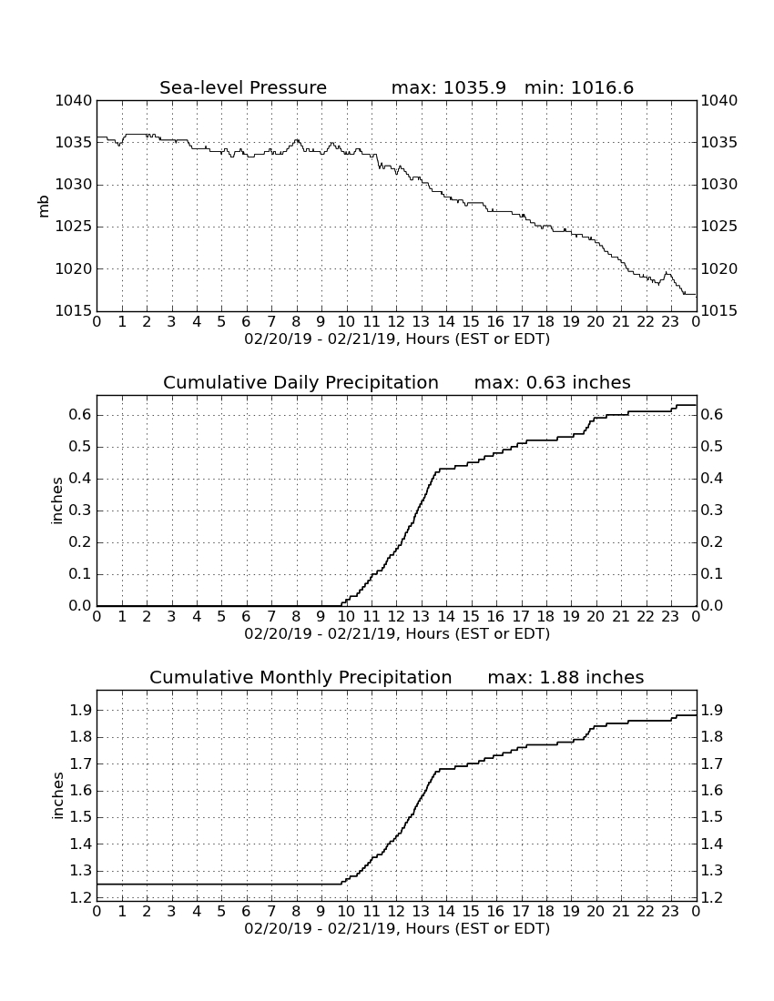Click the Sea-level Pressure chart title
(x=243, y=87)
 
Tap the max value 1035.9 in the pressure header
(x=474, y=87)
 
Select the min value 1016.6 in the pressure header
(x=602, y=87)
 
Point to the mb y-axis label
(x=44, y=206)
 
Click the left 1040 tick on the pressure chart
(x=74, y=100)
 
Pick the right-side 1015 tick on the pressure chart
(x=719, y=311)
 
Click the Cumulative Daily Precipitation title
(x=300, y=382)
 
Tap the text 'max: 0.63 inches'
(x=553, y=382)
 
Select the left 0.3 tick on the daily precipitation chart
(x=80, y=511)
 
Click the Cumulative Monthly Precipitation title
(x=300, y=677)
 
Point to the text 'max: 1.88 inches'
(x=565, y=677)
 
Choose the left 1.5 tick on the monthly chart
(x=80, y=817)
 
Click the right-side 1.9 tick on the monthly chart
(x=712, y=710)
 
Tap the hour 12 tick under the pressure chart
(x=396, y=322)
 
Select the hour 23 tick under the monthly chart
(x=670, y=912)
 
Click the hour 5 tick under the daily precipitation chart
(x=221, y=617)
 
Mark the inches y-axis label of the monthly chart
(x=57, y=795)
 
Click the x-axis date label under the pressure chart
(x=397, y=339)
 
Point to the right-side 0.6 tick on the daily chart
(x=712, y=415)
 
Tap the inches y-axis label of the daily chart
(x=57, y=500)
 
